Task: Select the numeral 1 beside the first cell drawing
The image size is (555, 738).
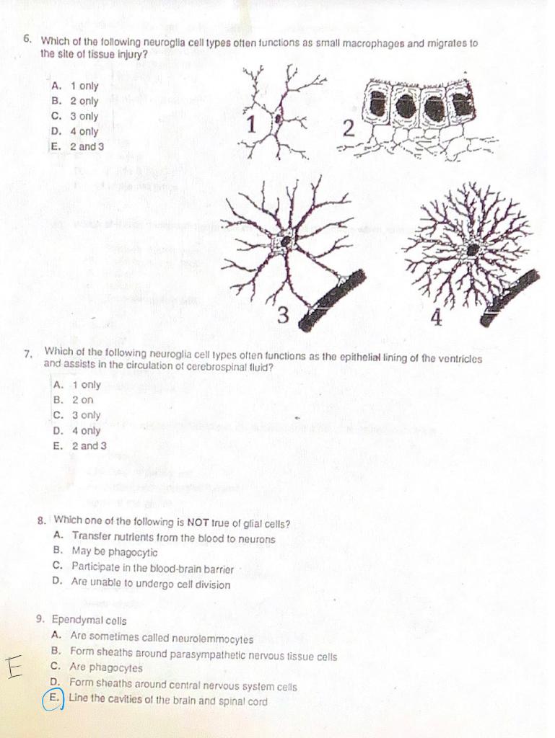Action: [251, 124]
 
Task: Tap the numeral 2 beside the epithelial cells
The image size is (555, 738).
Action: [349, 130]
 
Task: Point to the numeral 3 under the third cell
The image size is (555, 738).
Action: [284, 315]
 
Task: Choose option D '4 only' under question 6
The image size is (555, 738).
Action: [76, 131]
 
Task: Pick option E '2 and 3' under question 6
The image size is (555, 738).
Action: [79, 146]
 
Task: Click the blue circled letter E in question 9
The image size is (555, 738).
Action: [53, 700]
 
